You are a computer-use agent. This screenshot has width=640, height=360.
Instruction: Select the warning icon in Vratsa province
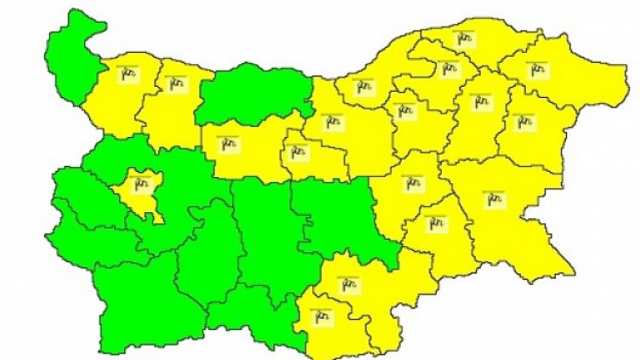(x=176, y=83)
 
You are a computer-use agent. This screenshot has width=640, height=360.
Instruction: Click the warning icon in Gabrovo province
(x=297, y=151)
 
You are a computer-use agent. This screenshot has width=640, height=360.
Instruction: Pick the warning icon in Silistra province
(x=463, y=38)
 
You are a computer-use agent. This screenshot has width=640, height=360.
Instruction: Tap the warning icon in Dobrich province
(x=535, y=69)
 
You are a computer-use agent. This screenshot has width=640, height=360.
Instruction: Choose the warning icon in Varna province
(x=524, y=122)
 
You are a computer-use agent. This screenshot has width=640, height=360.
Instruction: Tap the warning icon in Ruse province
(x=365, y=85)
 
